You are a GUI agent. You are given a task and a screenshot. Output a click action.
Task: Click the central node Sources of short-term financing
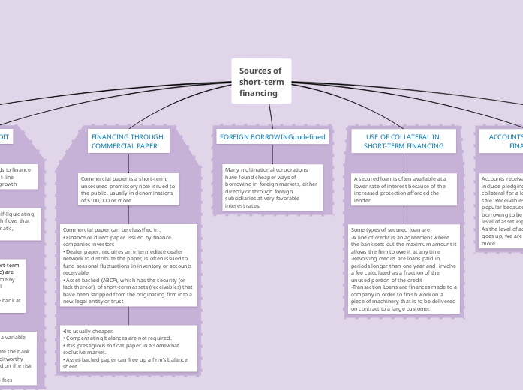(x=260, y=82)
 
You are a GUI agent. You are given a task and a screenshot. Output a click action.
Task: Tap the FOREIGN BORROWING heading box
(x=272, y=137)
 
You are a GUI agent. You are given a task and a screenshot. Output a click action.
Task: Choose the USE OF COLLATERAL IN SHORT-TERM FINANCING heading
(x=403, y=142)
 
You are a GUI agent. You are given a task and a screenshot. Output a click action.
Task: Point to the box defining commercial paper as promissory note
(x=128, y=190)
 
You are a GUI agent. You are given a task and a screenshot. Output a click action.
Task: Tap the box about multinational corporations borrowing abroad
(x=272, y=187)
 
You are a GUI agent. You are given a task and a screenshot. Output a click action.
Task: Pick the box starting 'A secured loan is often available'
(x=403, y=190)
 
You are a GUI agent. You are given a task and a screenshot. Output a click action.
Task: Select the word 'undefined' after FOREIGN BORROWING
(x=308, y=137)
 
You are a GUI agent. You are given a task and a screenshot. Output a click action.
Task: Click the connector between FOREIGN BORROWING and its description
(x=272, y=154)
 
